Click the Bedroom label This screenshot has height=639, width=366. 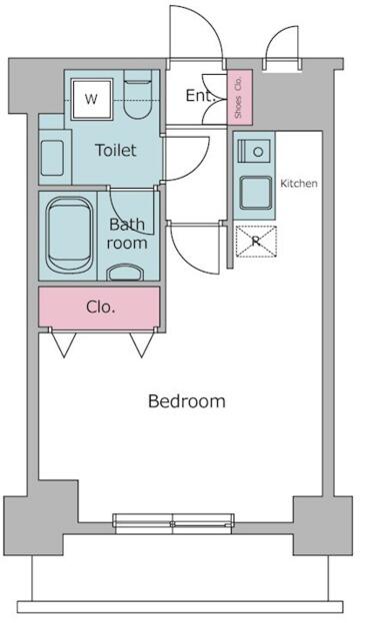186,401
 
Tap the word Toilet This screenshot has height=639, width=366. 115,151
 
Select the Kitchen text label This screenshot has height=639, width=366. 299,184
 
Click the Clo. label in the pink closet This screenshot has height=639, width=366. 100,307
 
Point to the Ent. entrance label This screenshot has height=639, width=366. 201,96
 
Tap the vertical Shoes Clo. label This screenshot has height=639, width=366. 239,98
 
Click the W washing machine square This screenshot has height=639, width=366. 91,100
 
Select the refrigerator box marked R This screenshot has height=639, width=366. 256,242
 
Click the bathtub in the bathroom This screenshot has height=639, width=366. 69,236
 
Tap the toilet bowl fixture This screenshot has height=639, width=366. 137,96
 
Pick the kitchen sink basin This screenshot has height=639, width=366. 256,193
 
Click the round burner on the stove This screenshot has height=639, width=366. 258,152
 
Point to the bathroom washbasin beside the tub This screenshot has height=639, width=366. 125,273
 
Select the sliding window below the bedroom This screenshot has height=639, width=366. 173,523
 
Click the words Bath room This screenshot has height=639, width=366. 127,234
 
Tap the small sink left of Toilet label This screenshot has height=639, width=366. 52,158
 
